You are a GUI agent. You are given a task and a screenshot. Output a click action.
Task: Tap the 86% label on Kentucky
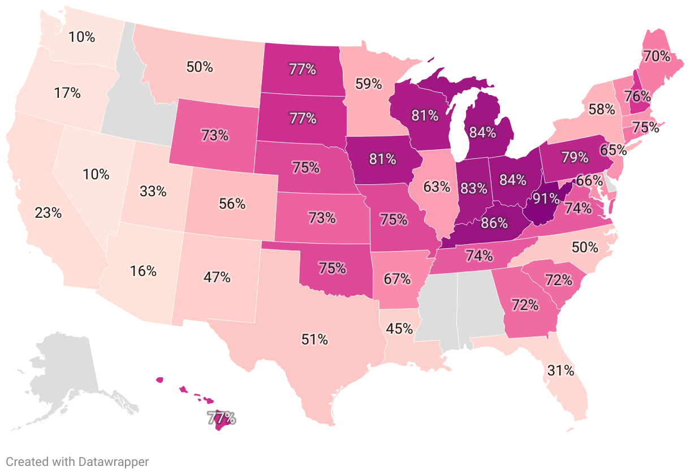click(494, 223)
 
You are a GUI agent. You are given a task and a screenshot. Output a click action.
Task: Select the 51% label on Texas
click(314, 339)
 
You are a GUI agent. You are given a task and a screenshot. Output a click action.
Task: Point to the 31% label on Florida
click(560, 370)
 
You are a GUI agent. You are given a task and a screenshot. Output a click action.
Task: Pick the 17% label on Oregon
click(67, 93)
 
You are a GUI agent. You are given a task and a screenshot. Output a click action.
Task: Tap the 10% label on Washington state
click(81, 37)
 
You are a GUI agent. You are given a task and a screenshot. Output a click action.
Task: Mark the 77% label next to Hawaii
click(221, 419)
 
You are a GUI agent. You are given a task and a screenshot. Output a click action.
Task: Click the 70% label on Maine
click(655, 56)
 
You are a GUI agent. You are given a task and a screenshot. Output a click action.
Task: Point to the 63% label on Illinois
click(437, 185)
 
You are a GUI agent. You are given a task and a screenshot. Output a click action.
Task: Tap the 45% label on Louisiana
click(399, 328)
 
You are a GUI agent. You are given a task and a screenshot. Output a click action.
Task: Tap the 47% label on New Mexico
click(217, 277)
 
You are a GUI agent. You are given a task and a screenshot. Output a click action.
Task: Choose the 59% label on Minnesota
click(368, 84)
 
